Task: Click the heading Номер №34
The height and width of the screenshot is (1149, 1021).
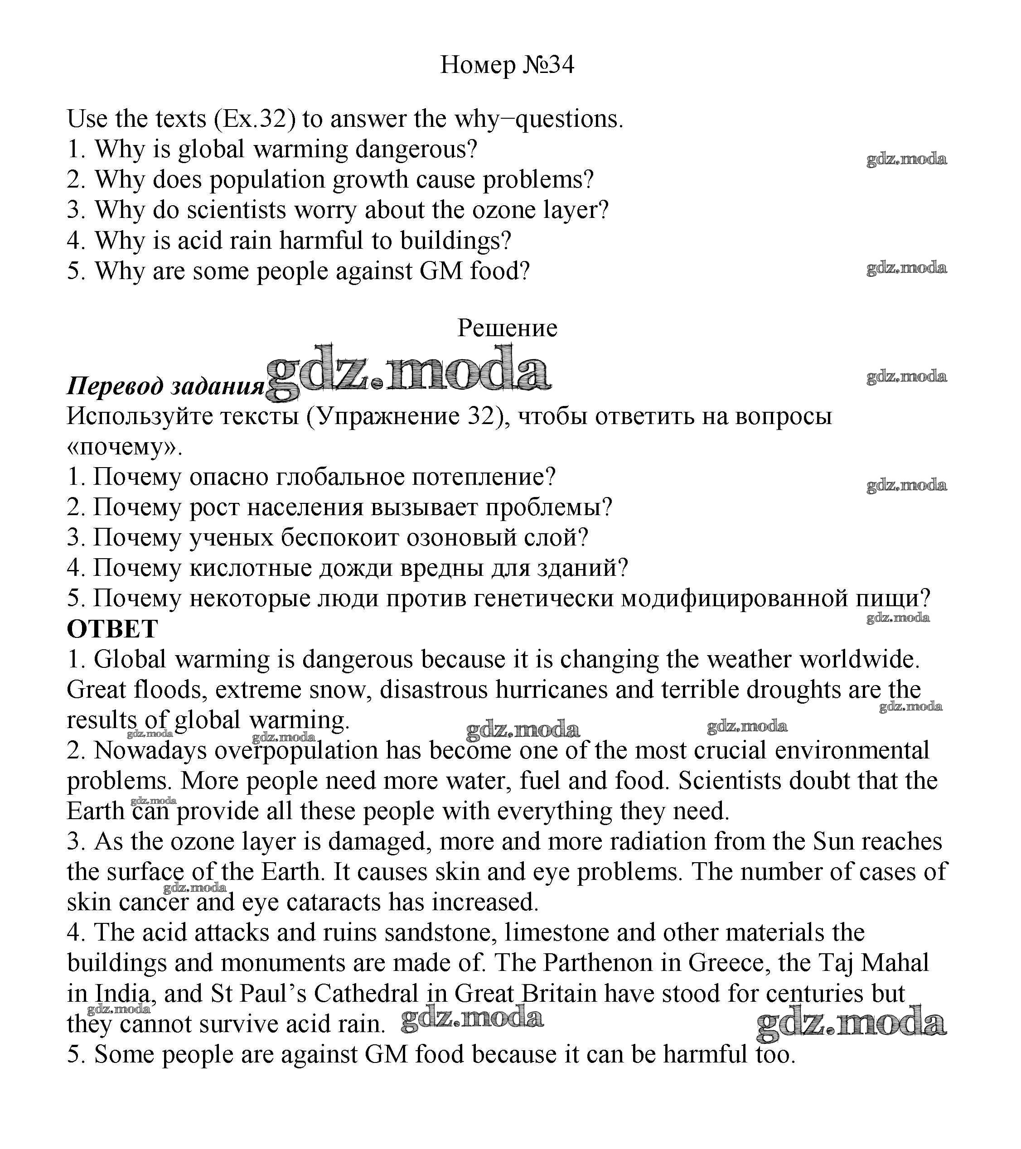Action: (507, 65)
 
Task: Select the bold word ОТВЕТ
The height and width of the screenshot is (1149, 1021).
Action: (112, 629)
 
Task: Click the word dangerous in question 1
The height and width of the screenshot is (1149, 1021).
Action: (416, 150)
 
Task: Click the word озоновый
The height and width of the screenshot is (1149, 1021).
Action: (461, 538)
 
